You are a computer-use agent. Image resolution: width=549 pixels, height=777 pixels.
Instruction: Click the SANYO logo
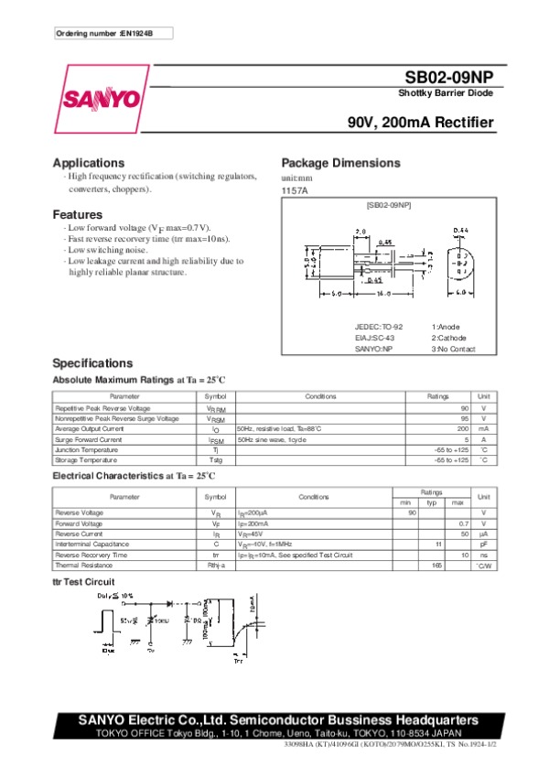(101, 97)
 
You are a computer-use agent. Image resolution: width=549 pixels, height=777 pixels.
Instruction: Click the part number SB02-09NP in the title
(450, 80)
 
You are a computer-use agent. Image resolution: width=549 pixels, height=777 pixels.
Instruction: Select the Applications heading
(89, 163)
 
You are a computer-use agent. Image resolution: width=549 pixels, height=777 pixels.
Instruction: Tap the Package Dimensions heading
(340, 163)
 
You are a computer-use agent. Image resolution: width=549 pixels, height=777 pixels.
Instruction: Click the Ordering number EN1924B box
(113, 33)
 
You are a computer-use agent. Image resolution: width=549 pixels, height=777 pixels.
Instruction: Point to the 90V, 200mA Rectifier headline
(421, 123)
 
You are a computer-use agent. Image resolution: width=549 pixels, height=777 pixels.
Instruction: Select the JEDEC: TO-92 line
(379, 327)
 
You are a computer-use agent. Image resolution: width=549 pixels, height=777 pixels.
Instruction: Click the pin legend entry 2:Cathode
(452, 338)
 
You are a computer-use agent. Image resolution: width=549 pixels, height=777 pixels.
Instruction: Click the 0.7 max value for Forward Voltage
(464, 523)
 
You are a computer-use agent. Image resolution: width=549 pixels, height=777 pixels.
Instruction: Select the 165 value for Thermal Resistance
(436, 566)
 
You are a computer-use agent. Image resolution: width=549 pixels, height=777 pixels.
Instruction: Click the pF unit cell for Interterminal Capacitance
(484, 544)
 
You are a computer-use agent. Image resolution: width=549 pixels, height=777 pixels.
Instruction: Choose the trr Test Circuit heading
(83, 582)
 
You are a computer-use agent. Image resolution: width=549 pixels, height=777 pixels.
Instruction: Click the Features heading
(77, 214)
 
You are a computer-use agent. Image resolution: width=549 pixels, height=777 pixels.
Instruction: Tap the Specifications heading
(92, 363)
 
